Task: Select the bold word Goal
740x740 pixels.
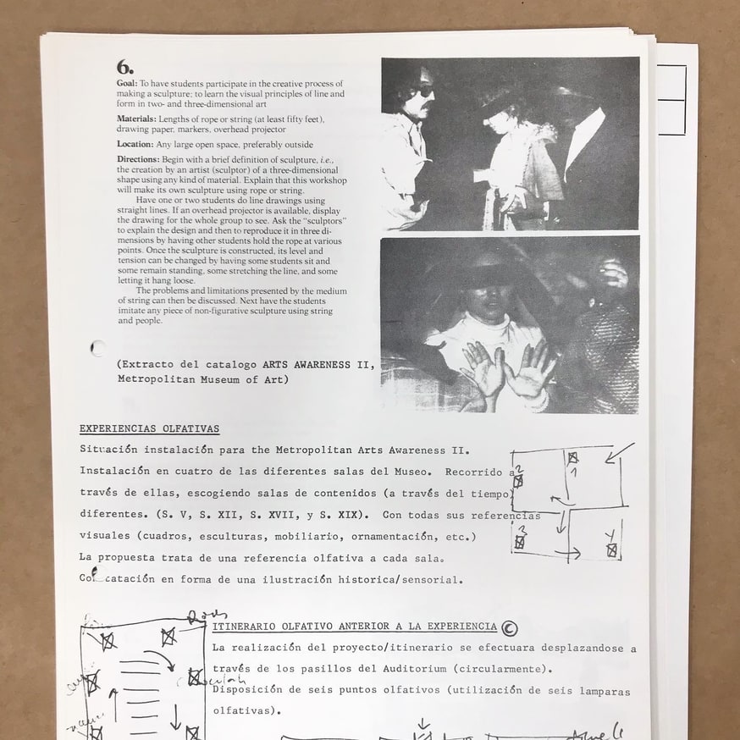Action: pyautogui.click(x=128, y=84)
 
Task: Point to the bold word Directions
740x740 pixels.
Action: pyautogui.click(x=138, y=159)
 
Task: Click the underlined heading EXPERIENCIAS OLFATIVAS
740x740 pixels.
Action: pyautogui.click(x=149, y=429)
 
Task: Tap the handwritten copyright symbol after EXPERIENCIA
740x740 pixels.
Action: pyautogui.click(x=509, y=627)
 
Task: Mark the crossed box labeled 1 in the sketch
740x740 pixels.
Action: pyautogui.click(x=573, y=458)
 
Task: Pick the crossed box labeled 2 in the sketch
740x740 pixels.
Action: pyautogui.click(x=518, y=481)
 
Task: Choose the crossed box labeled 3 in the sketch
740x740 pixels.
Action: pyautogui.click(x=520, y=542)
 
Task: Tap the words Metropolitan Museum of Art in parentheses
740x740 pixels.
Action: pyautogui.click(x=202, y=380)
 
